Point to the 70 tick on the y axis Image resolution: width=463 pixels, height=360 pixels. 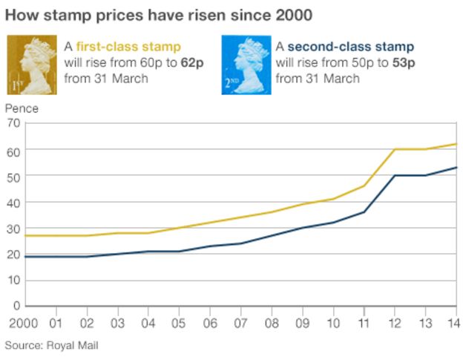[x=13, y=123]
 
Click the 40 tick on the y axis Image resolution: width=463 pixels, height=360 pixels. [x=13, y=202]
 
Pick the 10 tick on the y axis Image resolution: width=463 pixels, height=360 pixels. [x=13, y=281]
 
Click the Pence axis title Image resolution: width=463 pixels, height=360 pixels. [x=22, y=108]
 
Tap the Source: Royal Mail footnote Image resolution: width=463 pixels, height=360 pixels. [x=51, y=345]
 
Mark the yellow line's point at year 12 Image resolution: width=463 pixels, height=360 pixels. [x=394, y=149]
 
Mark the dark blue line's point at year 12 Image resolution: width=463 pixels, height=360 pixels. [x=394, y=175]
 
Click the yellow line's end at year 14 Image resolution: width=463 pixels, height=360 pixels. [x=456, y=144]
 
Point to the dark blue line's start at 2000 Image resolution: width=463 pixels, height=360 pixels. [x=25, y=257]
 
